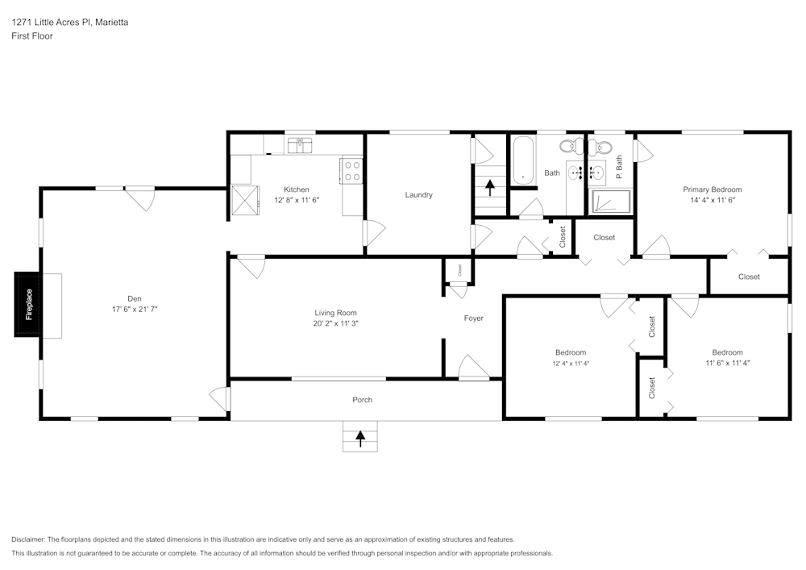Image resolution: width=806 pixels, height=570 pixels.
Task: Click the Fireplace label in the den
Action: [29, 304]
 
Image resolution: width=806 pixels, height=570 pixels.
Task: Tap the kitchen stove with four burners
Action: [352, 170]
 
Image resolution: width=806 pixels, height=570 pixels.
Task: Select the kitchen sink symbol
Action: [300, 145]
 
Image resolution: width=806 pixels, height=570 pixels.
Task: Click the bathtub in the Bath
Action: [522, 162]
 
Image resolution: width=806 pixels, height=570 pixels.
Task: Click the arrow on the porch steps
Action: [360, 438]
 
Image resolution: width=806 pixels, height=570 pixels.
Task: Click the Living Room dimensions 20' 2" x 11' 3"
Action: [335, 323]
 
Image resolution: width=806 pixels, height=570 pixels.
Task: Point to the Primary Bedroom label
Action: [712, 189]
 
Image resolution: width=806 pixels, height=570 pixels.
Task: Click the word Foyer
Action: [474, 318]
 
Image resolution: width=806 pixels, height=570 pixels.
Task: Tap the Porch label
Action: [362, 400]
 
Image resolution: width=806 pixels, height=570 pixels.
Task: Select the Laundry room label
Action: [418, 194]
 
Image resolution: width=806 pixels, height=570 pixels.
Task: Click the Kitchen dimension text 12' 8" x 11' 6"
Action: [296, 200]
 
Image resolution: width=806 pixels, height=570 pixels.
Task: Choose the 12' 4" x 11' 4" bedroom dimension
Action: [571, 364]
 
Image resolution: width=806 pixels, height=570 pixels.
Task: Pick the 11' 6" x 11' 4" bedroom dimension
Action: [727, 364]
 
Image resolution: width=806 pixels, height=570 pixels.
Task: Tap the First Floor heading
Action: [32, 36]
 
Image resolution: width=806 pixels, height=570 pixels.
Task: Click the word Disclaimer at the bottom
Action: [28, 539]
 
